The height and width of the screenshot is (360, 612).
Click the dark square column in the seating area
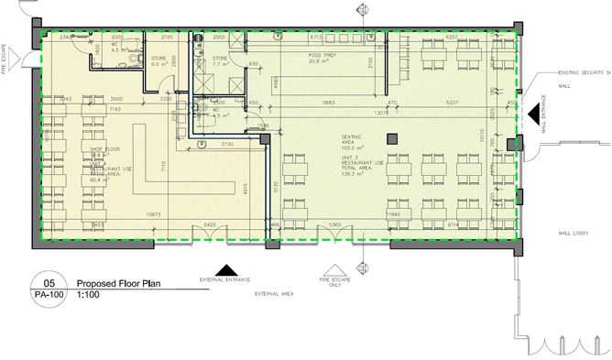392,138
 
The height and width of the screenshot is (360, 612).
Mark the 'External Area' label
273,294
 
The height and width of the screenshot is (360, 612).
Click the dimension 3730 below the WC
228,144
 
